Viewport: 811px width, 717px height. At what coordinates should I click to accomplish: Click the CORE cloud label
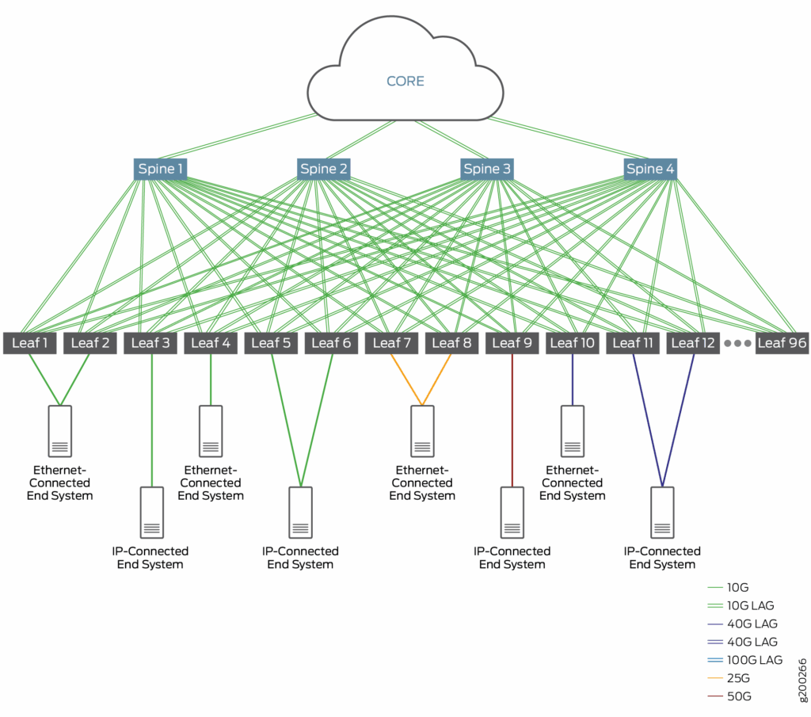tap(405, 82)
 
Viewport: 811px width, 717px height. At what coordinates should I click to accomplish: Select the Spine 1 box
tap(160, 169)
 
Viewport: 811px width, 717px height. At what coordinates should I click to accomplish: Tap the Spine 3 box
tap(487, 169)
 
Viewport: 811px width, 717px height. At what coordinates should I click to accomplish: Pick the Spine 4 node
tap(650, 169)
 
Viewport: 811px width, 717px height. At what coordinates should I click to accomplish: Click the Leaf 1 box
tap(29, 343)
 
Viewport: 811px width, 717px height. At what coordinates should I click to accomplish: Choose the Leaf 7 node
tap(391, 343)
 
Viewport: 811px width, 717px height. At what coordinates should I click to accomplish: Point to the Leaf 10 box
tap(572, 343)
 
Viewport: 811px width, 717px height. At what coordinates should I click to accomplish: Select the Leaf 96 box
tap(782, 343)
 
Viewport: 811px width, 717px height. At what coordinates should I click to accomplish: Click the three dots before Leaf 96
tap(737, 343)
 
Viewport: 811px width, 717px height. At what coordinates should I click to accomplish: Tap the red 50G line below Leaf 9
tap(512, 421)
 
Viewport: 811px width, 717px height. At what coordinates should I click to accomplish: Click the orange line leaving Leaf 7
tap(406, 379)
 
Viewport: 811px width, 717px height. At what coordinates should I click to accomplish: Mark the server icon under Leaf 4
tap(211, 431)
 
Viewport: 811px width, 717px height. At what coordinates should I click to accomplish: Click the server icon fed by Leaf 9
tap(512, 513)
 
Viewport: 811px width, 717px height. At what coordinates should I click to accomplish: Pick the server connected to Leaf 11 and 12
tap(662, 513)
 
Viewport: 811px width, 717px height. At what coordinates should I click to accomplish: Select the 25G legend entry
tap(729, 677)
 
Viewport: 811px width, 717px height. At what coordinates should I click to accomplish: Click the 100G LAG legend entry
tap(744, 660)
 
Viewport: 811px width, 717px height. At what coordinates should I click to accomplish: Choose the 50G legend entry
tap(729, 696)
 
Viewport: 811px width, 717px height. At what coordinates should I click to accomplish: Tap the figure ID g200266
tap(802, 681)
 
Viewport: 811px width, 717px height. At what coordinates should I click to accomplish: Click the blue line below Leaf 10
tap(573, 379)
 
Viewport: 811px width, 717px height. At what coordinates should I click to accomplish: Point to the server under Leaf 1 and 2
tap(60, 431)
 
